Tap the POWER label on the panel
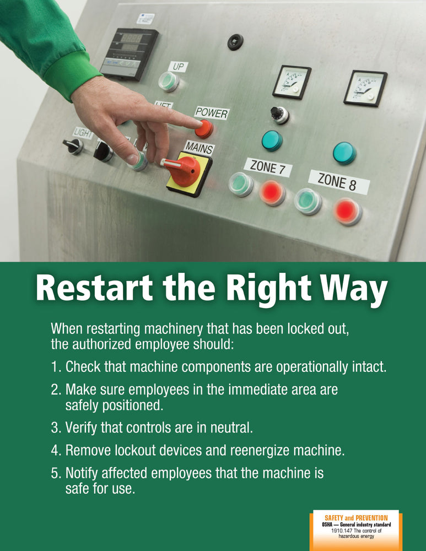[212, 112]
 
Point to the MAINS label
[199, 148]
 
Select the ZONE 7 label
[268, 166]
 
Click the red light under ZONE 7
[272, 192]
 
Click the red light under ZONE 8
[348, 211]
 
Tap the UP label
[178, 67]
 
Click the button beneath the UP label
[169, 82]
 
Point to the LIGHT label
[84, 132]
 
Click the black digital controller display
[129, 53]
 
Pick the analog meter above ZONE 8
[365, 88]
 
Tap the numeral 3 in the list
[55, 427]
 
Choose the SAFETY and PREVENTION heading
[355, 518]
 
